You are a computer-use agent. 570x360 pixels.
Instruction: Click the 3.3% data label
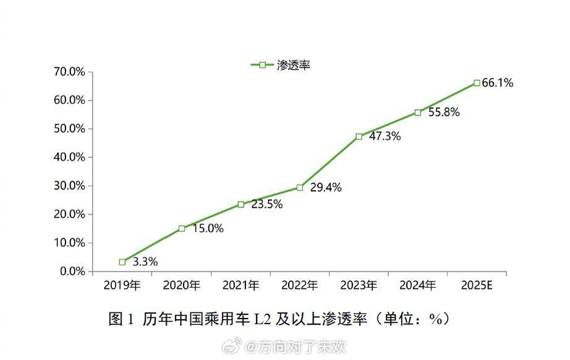[145, 262]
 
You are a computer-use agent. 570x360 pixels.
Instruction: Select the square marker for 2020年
[182, 228]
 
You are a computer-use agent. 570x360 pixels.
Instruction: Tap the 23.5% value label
[266, 204]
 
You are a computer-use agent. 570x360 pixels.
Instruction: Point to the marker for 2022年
[300, 187]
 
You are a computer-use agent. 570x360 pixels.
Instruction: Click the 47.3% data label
[385, 136]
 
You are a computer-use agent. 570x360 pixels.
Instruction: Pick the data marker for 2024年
[418, 113]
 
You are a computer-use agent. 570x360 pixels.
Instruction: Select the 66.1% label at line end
[498, 82]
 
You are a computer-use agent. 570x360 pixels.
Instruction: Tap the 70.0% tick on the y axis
[69, 72]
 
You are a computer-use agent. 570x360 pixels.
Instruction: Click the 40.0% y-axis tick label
[69, 157]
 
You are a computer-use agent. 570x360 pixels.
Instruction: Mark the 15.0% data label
[208, 228]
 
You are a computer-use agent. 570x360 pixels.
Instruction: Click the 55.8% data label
[443, 113]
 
